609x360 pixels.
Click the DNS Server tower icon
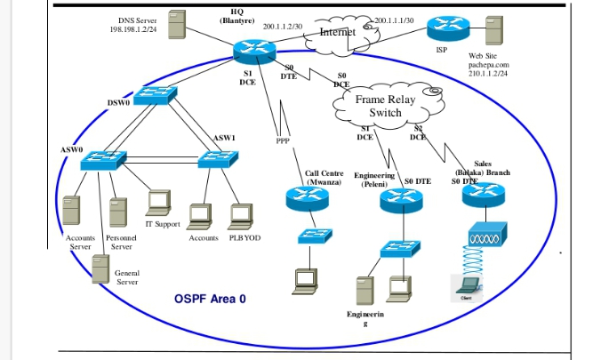click(178, 24)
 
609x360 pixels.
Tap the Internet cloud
click(337, 32)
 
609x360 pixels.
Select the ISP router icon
click(442, 28)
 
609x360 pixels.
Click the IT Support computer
click(159, 204)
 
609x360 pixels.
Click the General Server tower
click(103, 268)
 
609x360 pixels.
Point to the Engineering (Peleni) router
click(398, 201)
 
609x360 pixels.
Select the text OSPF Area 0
click(210, 298)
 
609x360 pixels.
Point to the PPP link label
click(283, 140)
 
